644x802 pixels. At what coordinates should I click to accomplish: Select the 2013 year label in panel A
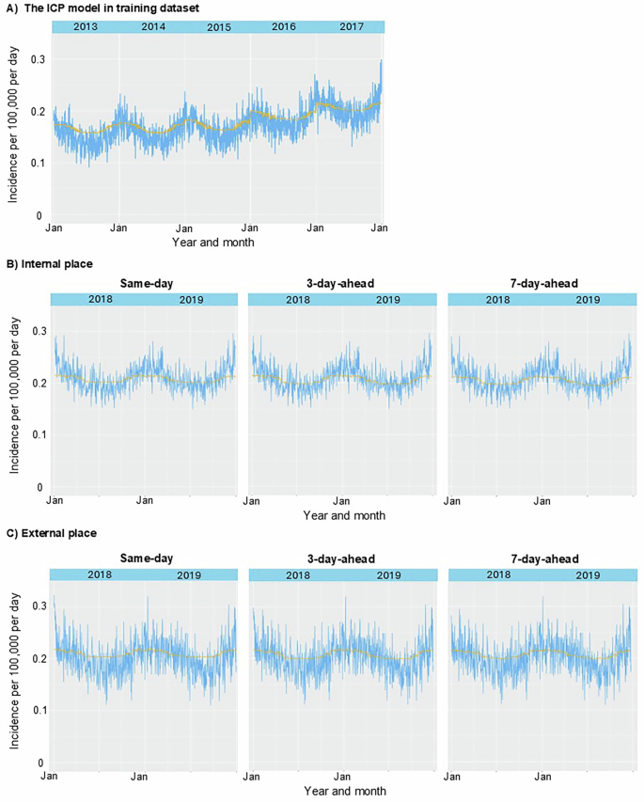[x=86, y=26]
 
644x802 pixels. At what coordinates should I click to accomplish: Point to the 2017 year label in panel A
[x=351, y=26]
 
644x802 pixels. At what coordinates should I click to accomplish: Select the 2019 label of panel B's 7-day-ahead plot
[x=588, y=300]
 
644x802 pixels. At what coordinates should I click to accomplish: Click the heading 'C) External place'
[x=53, y=532]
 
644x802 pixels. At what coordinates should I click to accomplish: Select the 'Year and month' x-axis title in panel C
[x=344, y=792]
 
